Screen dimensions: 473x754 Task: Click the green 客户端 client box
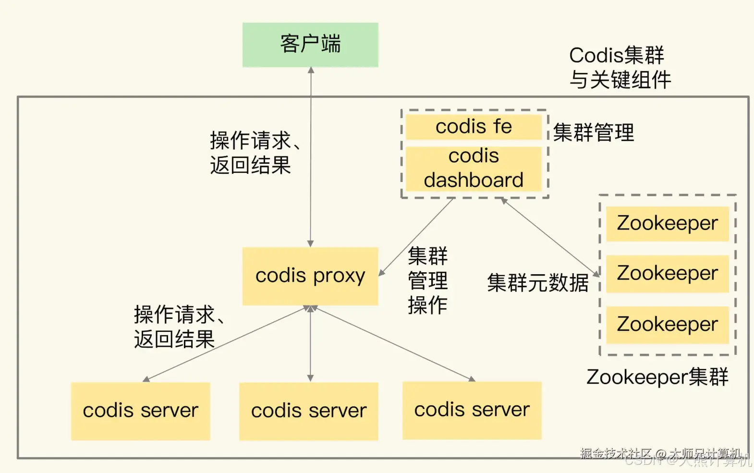pos(310,45)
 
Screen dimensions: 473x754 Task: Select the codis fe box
pos(474,127)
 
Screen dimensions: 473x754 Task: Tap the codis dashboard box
pos(474,168)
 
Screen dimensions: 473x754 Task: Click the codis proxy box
pos(310,276)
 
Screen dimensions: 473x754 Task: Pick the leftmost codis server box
pos(140,411)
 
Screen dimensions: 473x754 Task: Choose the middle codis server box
pos(308,412)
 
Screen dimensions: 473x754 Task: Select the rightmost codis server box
pos(472,410)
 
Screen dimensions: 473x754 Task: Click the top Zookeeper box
pos(667,224)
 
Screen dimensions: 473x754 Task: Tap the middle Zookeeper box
pos(667,274)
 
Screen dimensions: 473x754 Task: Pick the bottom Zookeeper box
pos(667,325)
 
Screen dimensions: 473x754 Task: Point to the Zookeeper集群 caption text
pos(657,377)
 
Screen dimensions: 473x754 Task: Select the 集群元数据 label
pos(537,283)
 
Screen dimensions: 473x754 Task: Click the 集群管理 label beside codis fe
pos(593,133)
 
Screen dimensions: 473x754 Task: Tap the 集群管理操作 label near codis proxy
pos(427,280)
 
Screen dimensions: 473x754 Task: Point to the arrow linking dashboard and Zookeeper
pos(550,237)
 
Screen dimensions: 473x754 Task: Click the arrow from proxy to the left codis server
pos(226,344)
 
